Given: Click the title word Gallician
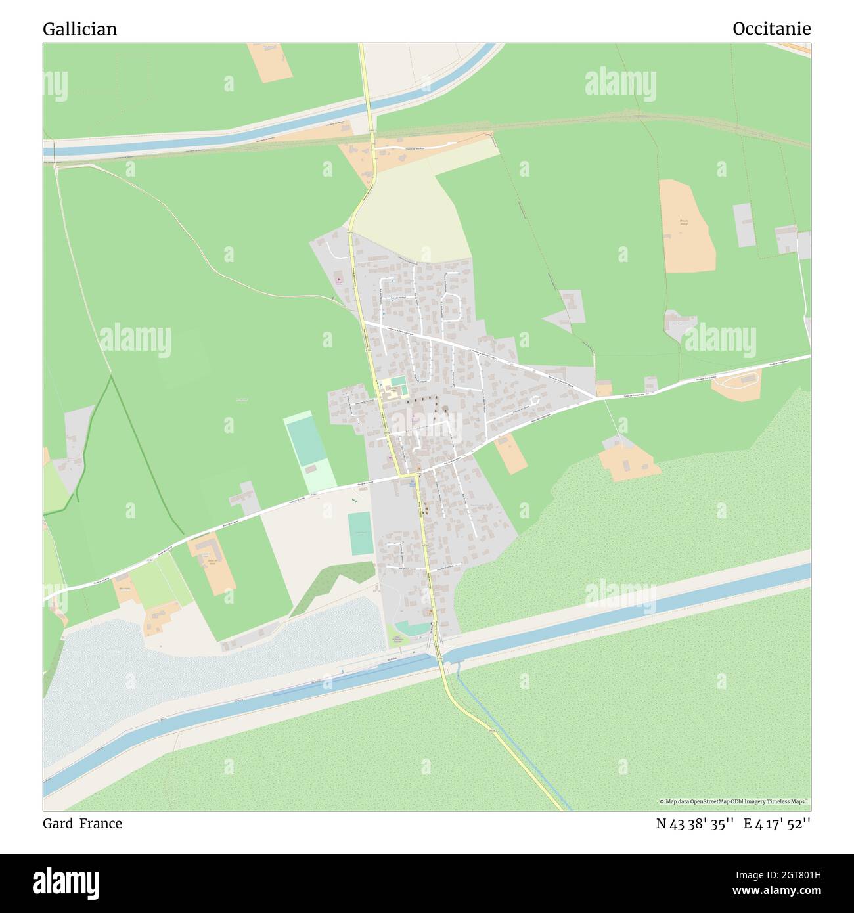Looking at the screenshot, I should tap(79, 29).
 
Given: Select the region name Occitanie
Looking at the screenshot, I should tap(771, 29).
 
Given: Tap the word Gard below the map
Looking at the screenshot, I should tap(58, 823).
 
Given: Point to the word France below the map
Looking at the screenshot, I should tap(101, 823).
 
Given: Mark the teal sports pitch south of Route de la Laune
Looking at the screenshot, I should tap(360, 533).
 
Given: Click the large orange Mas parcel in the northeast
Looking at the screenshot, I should tap(686, 225).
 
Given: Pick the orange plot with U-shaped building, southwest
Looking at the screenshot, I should tap(212, 562).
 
